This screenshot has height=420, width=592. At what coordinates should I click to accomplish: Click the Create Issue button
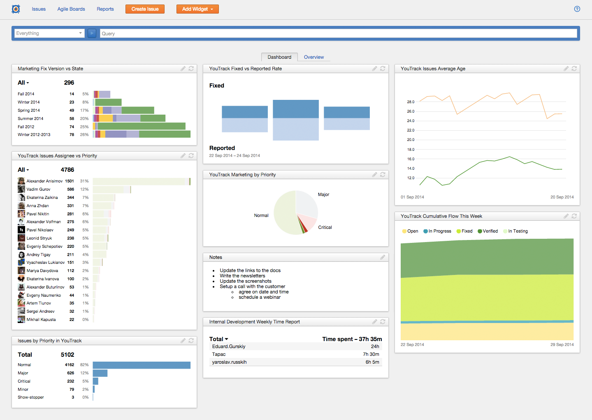click(x=145, y=9)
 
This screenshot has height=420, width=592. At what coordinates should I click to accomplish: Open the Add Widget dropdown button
click(x=197, y=9)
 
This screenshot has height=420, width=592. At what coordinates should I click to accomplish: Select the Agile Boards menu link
click(x=71, y=9)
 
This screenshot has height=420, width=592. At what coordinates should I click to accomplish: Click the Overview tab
click(x=313, y=57)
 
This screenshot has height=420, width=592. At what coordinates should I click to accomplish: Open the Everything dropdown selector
click(x=49, y=33)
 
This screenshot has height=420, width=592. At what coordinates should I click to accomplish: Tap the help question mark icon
click(x=577, y=9)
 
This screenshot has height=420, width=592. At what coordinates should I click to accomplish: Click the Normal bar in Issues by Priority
click(x=142, y=365)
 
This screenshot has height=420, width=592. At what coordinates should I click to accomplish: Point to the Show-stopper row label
click(x=31, y=397)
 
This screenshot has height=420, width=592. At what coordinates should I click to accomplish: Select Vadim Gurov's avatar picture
click(x=21, y=189)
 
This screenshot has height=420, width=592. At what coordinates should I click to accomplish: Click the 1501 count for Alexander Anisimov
click(x=70, y=181)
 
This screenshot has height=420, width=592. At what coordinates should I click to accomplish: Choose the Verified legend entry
click(x=488, y=231)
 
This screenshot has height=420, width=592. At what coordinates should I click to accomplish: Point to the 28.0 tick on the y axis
click(x=411, y=102)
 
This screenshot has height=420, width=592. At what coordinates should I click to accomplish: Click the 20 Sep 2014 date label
click(x=562, y=197)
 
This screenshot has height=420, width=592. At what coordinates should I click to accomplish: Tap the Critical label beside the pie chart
click(x=325, y=227)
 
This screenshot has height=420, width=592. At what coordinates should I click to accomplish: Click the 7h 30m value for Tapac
click(x=371, y=354)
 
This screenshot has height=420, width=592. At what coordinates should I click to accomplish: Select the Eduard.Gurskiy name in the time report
click(x=229, y=346)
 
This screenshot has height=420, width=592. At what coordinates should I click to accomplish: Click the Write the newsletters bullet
click(x=242, y=276)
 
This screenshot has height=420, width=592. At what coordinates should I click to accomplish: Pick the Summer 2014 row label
click(x=30, y=119)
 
